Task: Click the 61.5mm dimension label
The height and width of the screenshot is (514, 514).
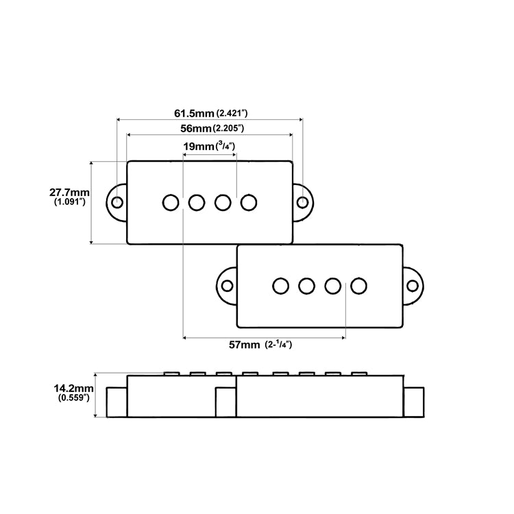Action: click(194, 112)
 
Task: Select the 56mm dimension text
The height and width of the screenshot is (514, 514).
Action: click(195, 128)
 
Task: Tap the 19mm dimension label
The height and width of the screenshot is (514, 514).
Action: click(198, 147)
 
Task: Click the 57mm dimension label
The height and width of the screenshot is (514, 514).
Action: click(244, 345)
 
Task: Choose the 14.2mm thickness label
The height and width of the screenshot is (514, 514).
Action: click(72, 388)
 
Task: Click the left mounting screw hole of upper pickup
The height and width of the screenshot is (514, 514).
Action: click(118, 202)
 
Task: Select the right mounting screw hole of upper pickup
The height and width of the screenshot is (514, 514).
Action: click(302, 202)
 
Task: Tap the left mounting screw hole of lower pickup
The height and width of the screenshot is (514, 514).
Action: click(227, 285)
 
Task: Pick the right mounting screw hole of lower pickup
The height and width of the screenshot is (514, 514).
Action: click(412, 285)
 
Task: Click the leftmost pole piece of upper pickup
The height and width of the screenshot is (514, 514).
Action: click(171, 202)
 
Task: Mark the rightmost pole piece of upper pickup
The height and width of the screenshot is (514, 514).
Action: click(249, 202)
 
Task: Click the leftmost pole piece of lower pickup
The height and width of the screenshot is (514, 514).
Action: click(280, 285)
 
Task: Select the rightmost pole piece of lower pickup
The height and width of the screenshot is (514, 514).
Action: click(358, 285)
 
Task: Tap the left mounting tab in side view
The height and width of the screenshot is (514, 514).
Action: click(117, 401)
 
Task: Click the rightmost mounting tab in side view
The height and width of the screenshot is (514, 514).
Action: click(413, 401)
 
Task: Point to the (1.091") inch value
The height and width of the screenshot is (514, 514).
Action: click(70, 204)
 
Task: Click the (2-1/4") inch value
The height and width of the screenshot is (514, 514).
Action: click(278, 345)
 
